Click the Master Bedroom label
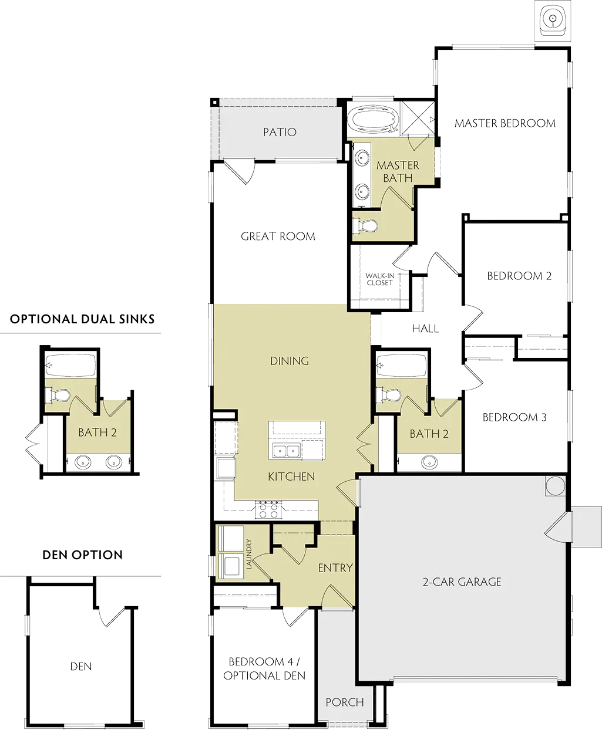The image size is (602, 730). click(505, 123)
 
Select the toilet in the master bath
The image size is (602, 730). click(365, 225)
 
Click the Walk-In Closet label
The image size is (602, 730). click(380, 279)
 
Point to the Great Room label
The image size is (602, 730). click(278, 236)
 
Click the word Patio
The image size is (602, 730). click(280, 132)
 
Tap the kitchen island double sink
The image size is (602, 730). click(286, 451)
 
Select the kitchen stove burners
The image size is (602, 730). click(269, 509)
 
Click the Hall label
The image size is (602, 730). click(425, 328)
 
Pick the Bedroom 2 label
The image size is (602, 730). click(519, 276)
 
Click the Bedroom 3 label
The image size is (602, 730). click(514, 417)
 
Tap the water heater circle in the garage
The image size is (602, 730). click(555, 486)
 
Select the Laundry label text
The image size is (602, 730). click(249, 554)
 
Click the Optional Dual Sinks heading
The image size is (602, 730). click(82, 319)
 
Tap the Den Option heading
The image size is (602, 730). click(83, 555)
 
